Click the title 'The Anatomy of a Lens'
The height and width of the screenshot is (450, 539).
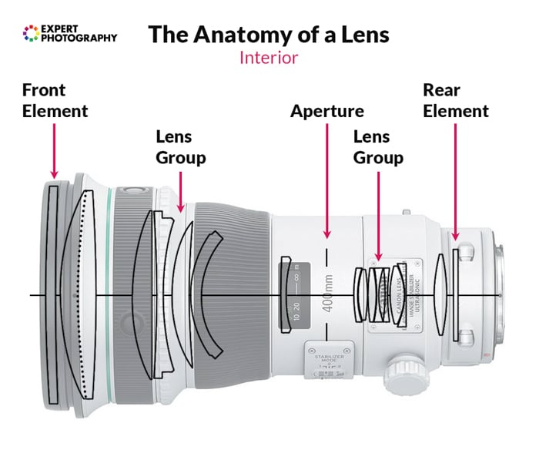point(268,35)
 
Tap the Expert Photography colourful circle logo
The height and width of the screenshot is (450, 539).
point(31,32)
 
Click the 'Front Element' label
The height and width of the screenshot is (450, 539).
point(55,100)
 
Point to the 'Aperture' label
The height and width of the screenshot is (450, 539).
point(326,112)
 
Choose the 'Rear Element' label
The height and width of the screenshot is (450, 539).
point(456,101)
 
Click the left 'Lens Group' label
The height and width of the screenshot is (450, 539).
point(181,147)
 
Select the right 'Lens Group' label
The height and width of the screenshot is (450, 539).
point(378,147)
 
